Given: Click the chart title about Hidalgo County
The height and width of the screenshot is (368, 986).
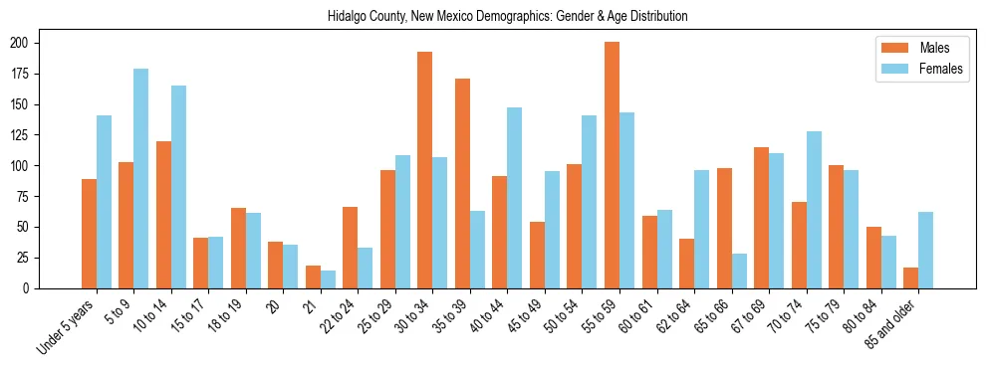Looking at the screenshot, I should coord(507,16).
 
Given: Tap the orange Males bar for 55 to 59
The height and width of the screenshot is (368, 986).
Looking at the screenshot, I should coord(612,165).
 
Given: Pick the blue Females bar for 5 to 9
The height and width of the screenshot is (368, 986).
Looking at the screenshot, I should coord(140,178).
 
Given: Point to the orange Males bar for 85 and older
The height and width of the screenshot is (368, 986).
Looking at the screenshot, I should coord(910,277).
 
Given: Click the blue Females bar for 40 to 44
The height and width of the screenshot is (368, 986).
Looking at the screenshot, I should coord(515,198).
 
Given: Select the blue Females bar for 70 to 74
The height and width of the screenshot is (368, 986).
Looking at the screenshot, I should coord(814,210).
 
